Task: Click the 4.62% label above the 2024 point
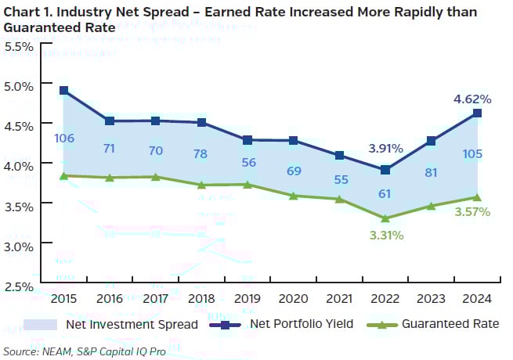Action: point(471,99)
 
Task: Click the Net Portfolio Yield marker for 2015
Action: point(63,91)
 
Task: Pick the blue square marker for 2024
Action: point(477,113)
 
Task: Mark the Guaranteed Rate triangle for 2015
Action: point(63,176)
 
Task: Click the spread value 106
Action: point(64,139)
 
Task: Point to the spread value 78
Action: point(201,153)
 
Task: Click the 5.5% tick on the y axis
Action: point(19,45)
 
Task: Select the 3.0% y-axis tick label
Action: point(19,245)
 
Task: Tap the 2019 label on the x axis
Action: point(247,299)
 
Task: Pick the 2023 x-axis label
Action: point(430,299)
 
